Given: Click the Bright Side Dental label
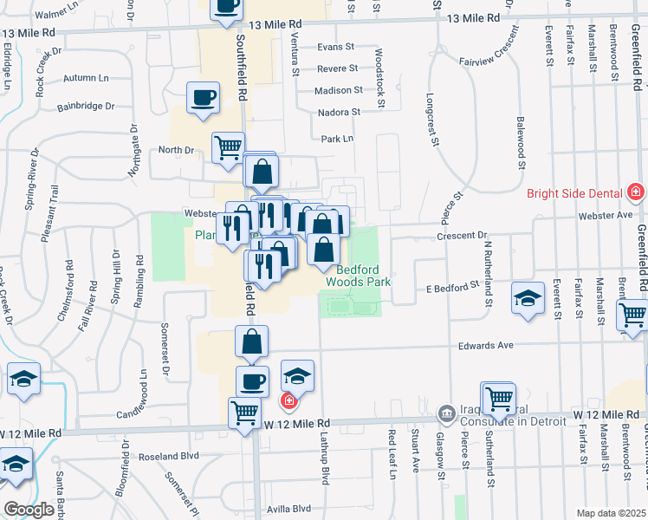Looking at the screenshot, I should click(576, 192).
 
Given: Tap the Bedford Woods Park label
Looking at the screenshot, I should click(359, 276).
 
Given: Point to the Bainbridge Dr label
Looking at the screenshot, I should click(86, 107).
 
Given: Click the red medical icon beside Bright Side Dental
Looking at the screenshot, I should click(637, 191).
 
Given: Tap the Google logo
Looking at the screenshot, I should click(29, 510).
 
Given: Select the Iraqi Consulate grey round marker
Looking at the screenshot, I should click(446, 412).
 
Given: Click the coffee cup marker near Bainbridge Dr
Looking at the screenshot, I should click(203, 98).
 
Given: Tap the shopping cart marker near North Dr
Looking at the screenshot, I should click(229, 147).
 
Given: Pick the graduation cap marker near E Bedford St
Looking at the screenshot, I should click(526, 298).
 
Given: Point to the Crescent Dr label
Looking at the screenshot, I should click(463, 235).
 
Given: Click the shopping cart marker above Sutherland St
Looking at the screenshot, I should click(499, 399).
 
